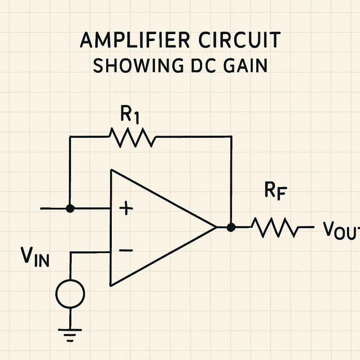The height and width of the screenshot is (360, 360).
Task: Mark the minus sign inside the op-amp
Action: (x=126, y=250)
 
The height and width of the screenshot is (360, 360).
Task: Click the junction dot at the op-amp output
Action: (x=231, y=227)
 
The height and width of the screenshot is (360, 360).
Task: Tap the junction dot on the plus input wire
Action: (x=70, y=208)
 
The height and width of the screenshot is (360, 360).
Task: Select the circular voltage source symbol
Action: (x=70, y=293)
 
